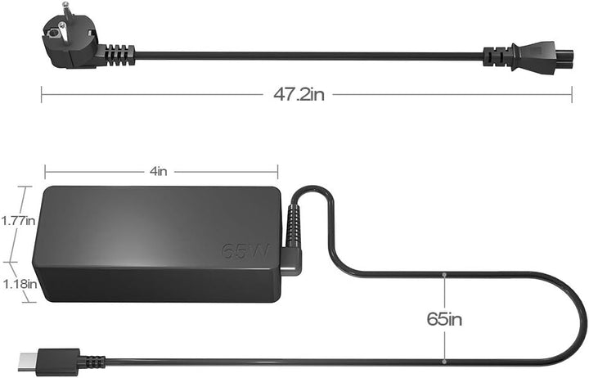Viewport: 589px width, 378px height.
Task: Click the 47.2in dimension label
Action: click(299, 94)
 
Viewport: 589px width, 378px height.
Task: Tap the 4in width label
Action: click(158, 171)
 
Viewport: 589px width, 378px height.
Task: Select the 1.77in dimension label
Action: click(18, 221)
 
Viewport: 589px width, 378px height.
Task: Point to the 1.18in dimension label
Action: click(20, 284)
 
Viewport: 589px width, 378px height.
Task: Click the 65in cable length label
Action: click(444, 319)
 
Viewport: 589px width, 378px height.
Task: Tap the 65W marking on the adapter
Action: click(245, 251)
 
